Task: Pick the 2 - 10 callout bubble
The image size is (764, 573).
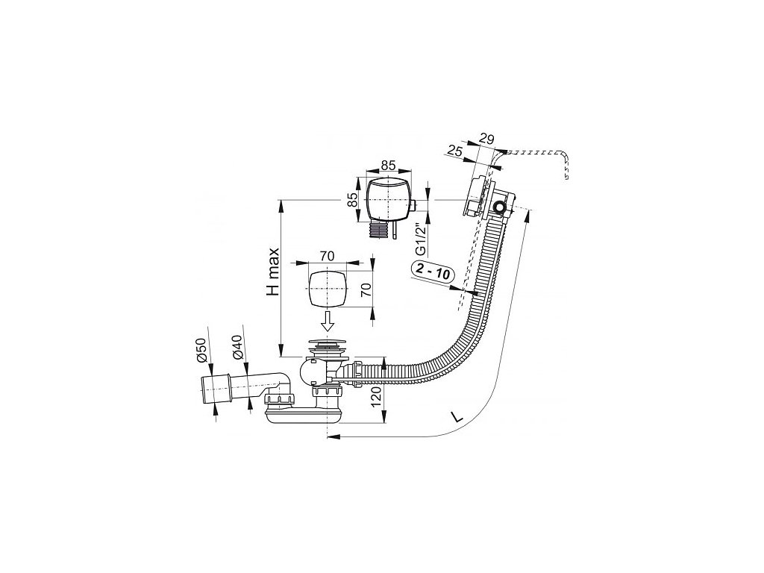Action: point(434,273)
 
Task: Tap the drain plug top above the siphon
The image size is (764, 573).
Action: point(327,346)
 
